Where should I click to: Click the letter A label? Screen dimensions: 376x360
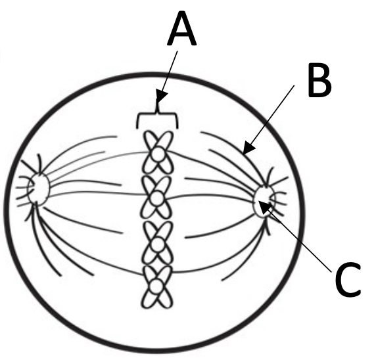[182, 28]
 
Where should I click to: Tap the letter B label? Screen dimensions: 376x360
[319, 79]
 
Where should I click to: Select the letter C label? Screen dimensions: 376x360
[348, 279]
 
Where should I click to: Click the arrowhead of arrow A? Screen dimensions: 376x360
[161, 97]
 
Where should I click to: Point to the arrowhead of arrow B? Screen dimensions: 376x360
[248, 148]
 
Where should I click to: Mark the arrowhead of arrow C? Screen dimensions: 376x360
[264, 206]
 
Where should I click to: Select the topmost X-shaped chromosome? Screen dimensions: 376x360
[158, 152]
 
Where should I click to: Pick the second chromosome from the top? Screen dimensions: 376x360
[157, 197]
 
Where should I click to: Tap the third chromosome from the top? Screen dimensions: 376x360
[158, 242]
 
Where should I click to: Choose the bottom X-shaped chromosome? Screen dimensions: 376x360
[157, 286]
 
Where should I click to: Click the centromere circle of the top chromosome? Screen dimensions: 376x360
[158, 154]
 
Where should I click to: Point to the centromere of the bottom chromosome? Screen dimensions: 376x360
[157, 286]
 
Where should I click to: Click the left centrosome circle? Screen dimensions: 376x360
[38, 189]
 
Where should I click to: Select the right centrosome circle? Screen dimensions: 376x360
[264, 201]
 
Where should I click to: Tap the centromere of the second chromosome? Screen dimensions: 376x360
[157, 198]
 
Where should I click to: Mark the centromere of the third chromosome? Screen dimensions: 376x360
[157, 244]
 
